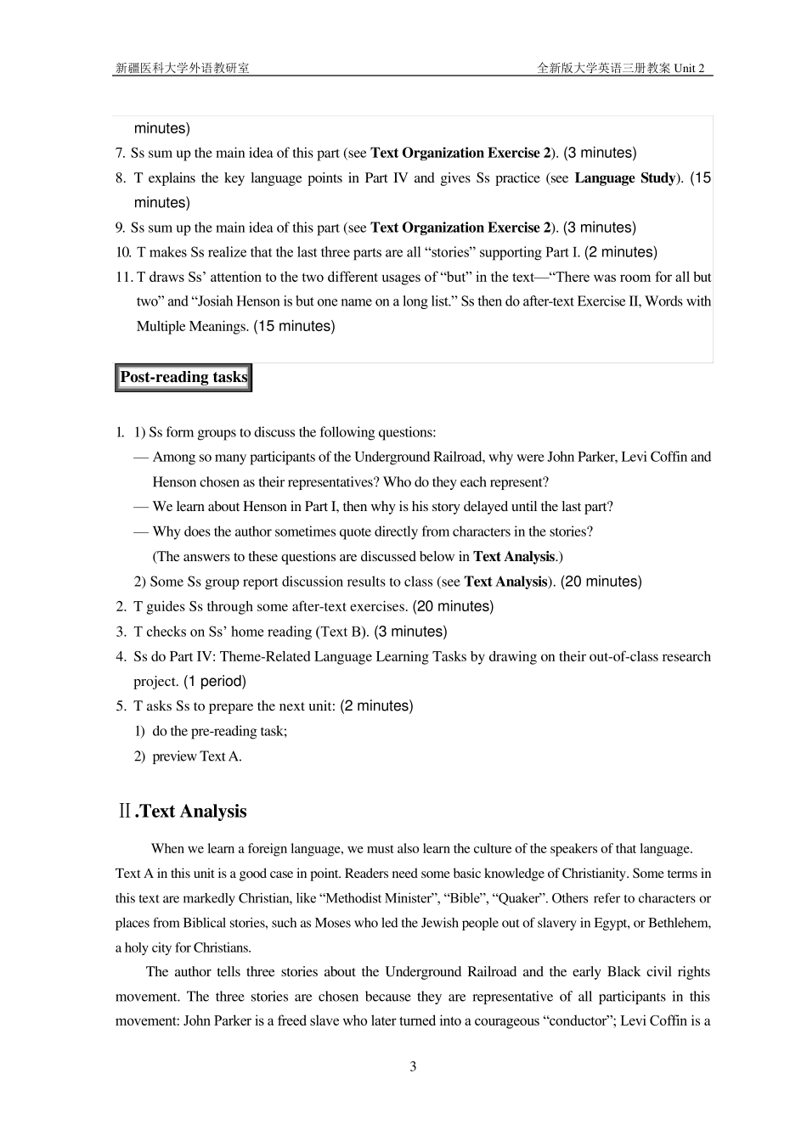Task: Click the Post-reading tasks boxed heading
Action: coord(183,378)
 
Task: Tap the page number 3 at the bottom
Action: coord(413,1067)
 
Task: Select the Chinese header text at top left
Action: coord(183,68)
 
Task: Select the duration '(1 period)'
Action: coord(215,682)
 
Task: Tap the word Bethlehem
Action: coord(680,923)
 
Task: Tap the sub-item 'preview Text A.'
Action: coord(197,756)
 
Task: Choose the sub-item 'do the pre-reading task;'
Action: coord(219,731)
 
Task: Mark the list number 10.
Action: coord(123,252)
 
